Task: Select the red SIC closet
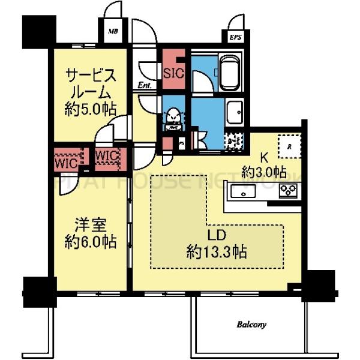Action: tap(174, 72)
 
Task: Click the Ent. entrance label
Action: tap(145, 86)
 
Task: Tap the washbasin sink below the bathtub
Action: tap(233, 112)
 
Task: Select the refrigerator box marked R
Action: tap(289, 146)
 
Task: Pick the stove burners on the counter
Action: tap(289, 192)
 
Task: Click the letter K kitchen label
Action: tap(263, 158)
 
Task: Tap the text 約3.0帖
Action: tap(263, 173)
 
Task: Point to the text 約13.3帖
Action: tap(217, 250)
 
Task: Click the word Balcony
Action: tap(251, 325)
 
